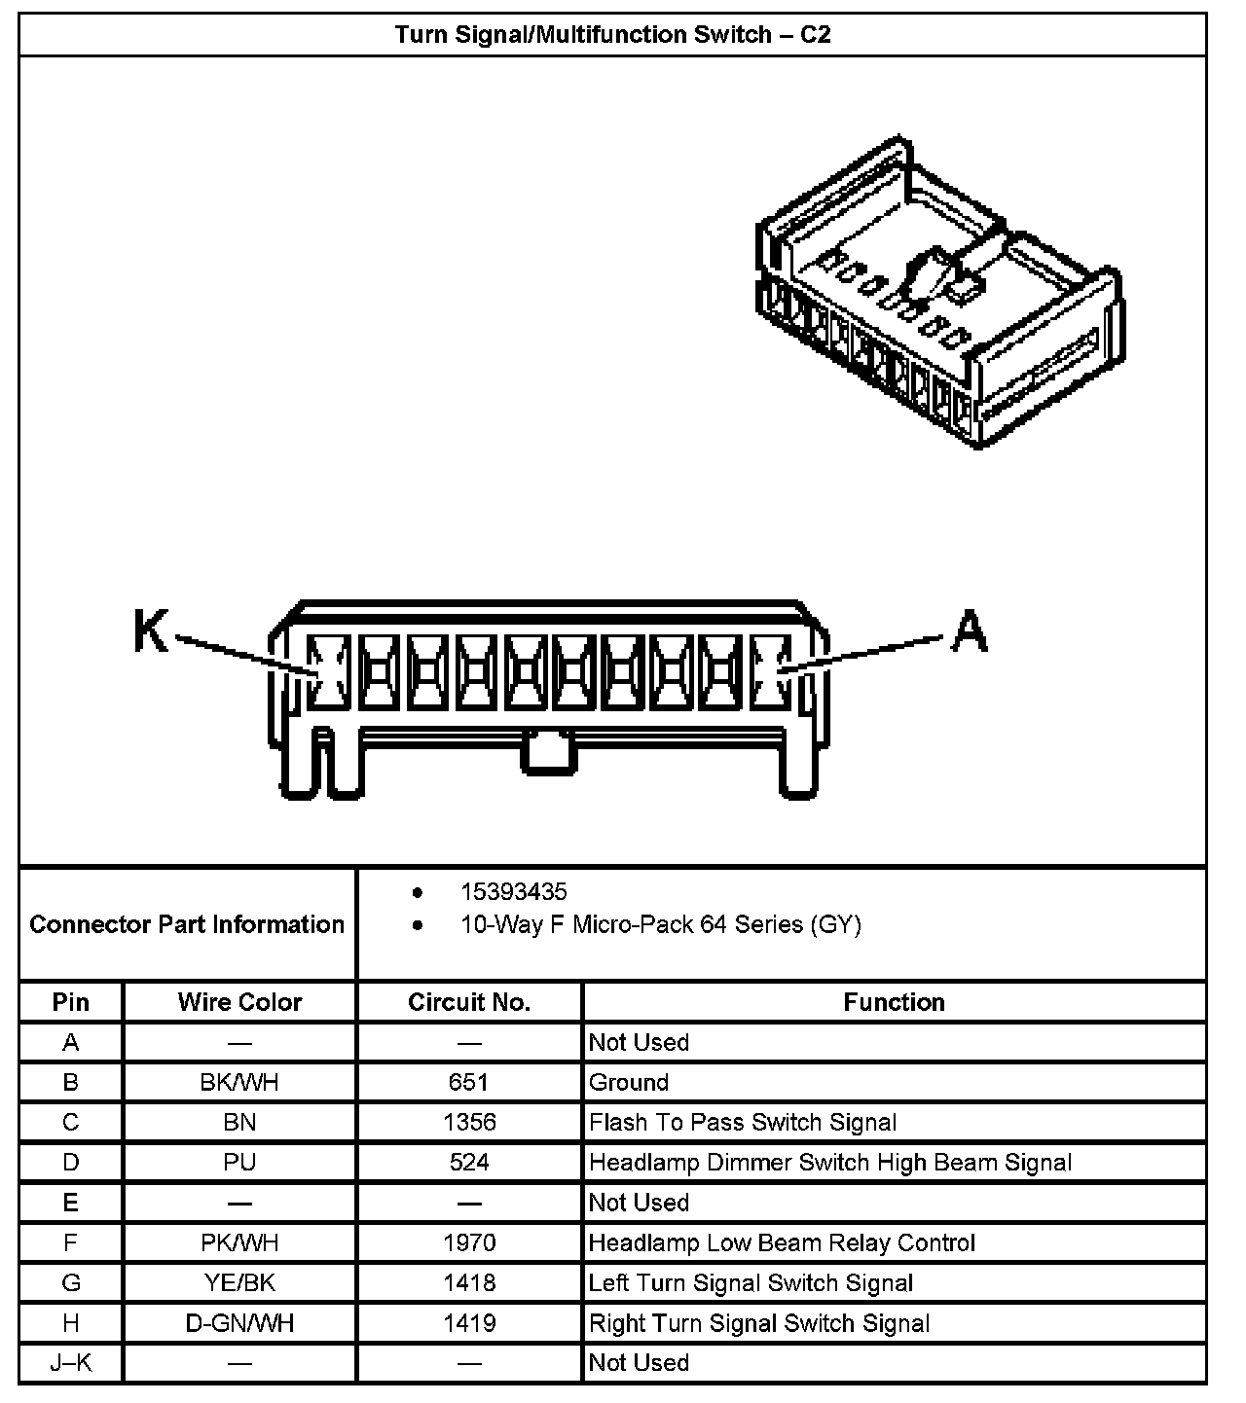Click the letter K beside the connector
[x=151, y=631]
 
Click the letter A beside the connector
[x=970, y=631]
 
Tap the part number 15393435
[x=513, y=892]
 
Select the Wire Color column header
[x=239, y=1002]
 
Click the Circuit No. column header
[x=469, y=1002]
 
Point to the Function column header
[x=894, y=1002]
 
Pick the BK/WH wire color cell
[x=239, y=1082]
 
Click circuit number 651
[x=469, y=1082]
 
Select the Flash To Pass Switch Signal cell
[x=743, y=1122]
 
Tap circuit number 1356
[x=469, y=1122]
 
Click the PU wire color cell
[x=239, y=1162]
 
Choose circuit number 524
[x=469, y=1162]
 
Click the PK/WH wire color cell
[x=239, y=1242]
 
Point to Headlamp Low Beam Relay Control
[x=782, y=1242]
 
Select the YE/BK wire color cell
[x=239, y=1282]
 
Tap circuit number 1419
[x=469, y=1323]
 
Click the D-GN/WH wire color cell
[x=239, y=1323]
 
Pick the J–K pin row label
[x=71, y=1363]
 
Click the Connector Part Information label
[x=187, y=923]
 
